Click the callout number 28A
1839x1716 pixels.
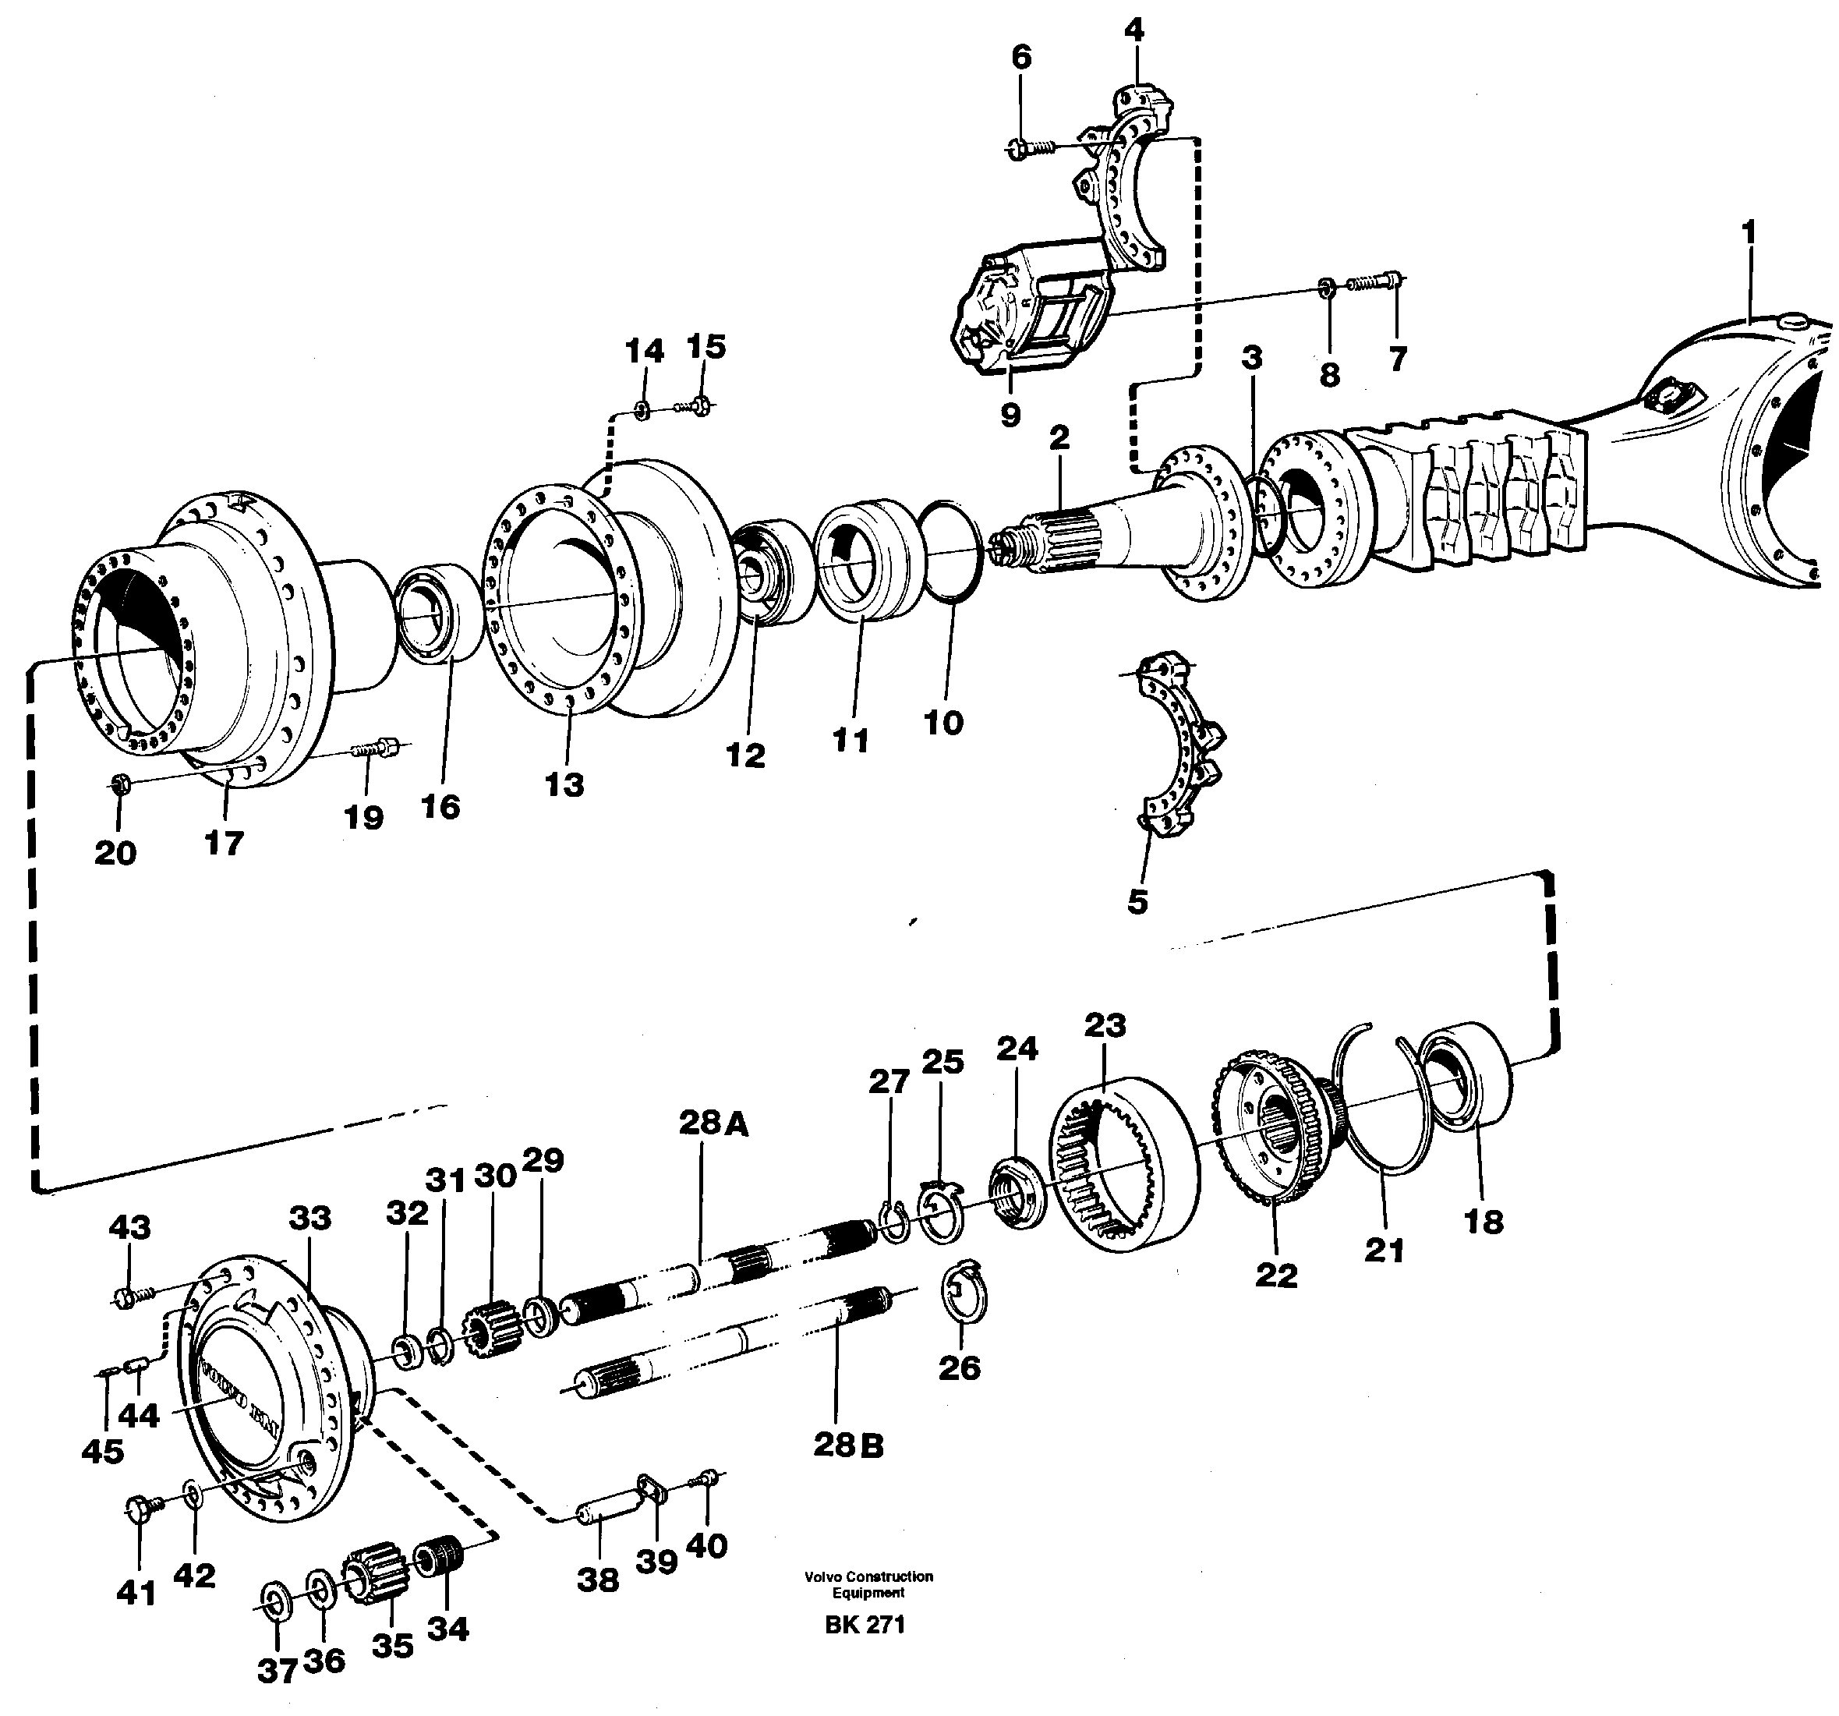click(x=713, y=1123)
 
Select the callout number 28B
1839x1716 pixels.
click(x=848, y=1444)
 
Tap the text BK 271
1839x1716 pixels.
click(x=865, y=1625)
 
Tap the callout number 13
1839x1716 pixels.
click(x=564, y=784)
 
